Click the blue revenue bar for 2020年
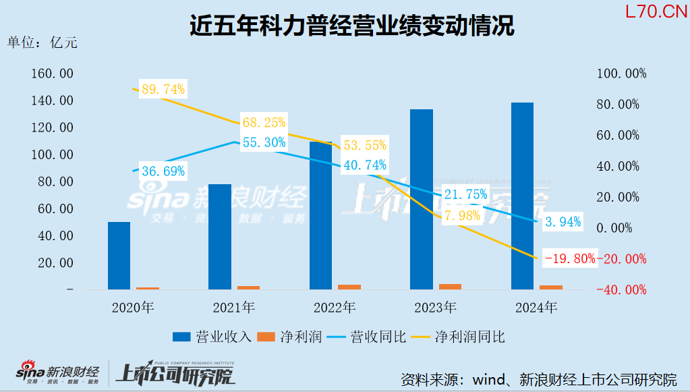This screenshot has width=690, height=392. pos(119,256)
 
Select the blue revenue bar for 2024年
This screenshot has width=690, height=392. pos(522,196)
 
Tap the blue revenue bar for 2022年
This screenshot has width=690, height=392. pos(320,215)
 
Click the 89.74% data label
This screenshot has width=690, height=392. pos(163,89)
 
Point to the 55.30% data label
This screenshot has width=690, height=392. pos(264,142)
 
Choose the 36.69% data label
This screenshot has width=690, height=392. pos(163,171)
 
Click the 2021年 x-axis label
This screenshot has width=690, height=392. pos(233,308)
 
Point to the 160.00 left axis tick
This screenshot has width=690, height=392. pos(52,74)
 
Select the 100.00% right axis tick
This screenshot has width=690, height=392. pos(622,74)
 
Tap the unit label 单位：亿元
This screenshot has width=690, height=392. pos(42,42)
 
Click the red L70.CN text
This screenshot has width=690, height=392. pos(651,11)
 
